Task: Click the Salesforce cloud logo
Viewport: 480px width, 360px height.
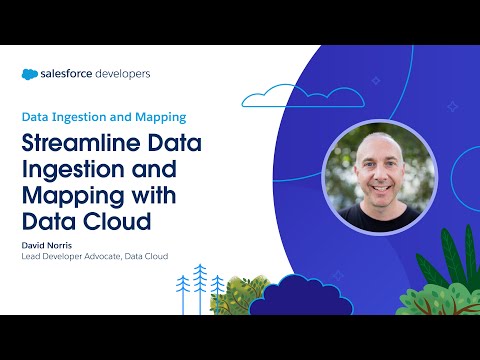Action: pos(31,73)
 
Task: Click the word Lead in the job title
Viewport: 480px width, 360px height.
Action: pos(33,257)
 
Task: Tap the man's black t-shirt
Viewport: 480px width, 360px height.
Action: pos(380,217)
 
